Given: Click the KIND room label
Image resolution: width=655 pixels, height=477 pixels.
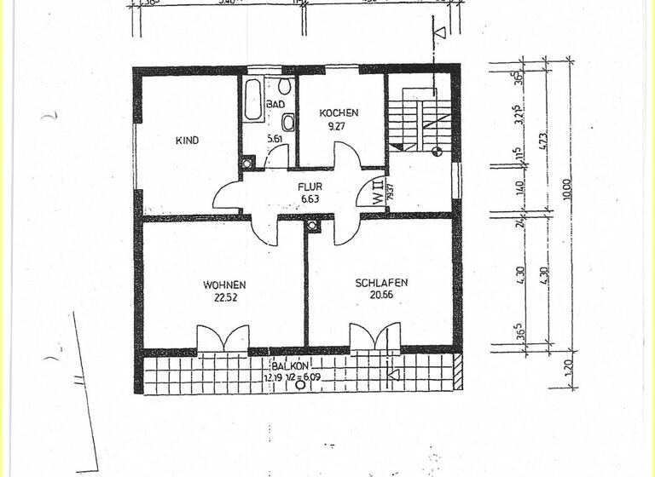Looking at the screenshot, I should [187, 141].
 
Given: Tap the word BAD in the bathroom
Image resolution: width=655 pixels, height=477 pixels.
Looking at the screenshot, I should [275, 104].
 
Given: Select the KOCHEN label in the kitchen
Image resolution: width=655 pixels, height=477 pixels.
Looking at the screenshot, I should [339, 112].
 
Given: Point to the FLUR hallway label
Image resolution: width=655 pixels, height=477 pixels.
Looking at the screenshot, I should [309, 186].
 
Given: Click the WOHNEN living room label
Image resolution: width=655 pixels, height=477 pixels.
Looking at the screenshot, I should [224, 284].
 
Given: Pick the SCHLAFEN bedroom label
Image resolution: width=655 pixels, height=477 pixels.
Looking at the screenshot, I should [381, 283].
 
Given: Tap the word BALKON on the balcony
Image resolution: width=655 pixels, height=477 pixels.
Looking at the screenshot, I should [291, 365].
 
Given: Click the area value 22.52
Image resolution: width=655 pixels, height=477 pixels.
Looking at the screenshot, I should [224, 297].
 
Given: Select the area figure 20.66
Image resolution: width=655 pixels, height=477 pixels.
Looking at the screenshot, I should [381, 296].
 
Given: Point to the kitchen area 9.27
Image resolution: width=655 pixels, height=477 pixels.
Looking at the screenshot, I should [339, 125].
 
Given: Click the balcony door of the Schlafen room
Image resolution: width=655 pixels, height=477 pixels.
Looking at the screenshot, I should [375, 337].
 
